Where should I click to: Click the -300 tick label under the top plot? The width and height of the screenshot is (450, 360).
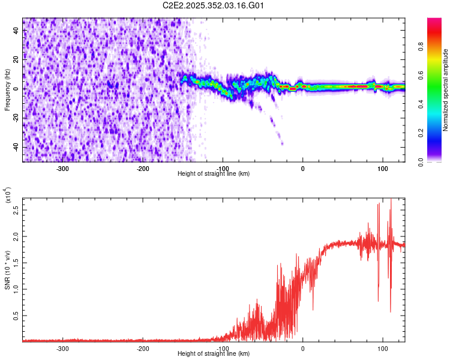pos(63,168)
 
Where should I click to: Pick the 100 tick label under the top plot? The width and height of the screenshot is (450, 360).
pos(382,168)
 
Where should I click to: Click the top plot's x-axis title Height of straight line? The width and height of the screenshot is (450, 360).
pos(214,173)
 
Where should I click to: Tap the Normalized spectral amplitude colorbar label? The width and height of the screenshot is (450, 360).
pos(445,90)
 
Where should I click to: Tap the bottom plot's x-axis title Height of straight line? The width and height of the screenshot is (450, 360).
pos(214,353)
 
